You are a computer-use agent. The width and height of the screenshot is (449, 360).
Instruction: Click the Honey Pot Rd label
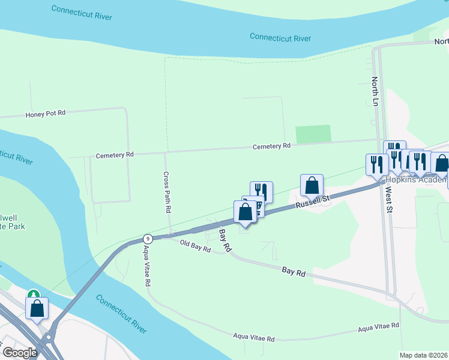coord(45,113)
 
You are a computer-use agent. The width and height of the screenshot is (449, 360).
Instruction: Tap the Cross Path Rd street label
coord(167,193)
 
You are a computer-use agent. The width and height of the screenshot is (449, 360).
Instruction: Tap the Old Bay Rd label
coord(195,246)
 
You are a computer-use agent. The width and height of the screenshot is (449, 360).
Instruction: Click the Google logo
coord(20,352)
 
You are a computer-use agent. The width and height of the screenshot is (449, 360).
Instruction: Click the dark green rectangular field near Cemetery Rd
coord(313,134)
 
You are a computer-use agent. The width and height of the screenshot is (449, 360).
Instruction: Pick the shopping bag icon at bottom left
coord(37,309)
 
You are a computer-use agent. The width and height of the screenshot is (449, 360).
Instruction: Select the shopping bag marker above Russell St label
coord(312,185)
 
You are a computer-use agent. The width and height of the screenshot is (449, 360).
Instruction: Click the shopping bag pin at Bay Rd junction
coord(245,212)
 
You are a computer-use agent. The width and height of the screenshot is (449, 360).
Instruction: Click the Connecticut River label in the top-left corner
coord(82,13)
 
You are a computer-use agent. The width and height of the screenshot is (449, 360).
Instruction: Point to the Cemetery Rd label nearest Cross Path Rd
coord(115,155)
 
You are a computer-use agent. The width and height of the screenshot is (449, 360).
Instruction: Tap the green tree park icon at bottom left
coord(34,295)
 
